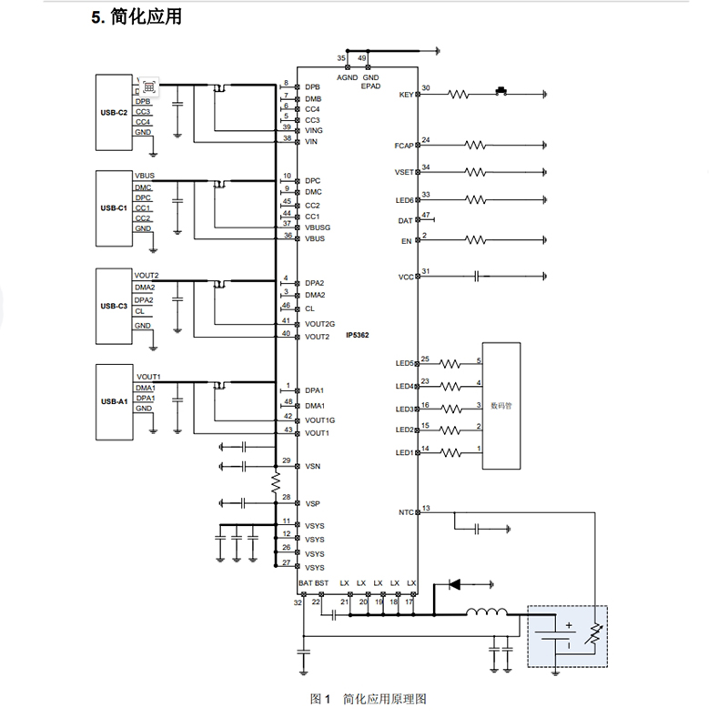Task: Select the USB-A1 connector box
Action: tap(115, 400)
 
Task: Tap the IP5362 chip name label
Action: tap(357, 336)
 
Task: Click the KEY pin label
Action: tap(406, 95)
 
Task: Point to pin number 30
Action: tap(426, 88)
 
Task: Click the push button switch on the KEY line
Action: tap(500, 91)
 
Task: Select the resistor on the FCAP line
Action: tap(478, 145)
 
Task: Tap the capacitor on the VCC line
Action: tap(477, 277)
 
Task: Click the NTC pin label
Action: tap(406, 512)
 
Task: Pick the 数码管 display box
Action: tap(500, 406)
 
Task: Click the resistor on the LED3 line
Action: tap(452, 408)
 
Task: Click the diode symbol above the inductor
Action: tap(453, 583)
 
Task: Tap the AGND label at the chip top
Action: tap(348, 77)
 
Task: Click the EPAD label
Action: tap(370, 86)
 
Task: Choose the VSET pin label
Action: tap(404, 172)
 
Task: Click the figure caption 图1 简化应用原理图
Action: tap(368, 699)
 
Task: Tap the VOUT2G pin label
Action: tap(320, 324)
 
